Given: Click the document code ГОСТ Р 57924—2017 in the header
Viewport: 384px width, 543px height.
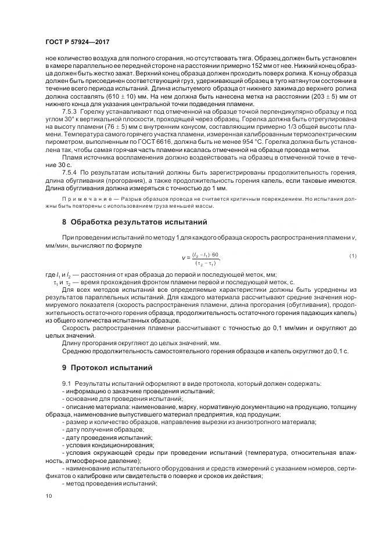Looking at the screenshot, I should click(x=78, y=42).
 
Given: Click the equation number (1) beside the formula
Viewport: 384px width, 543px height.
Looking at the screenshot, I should click(x=353, y=256).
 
